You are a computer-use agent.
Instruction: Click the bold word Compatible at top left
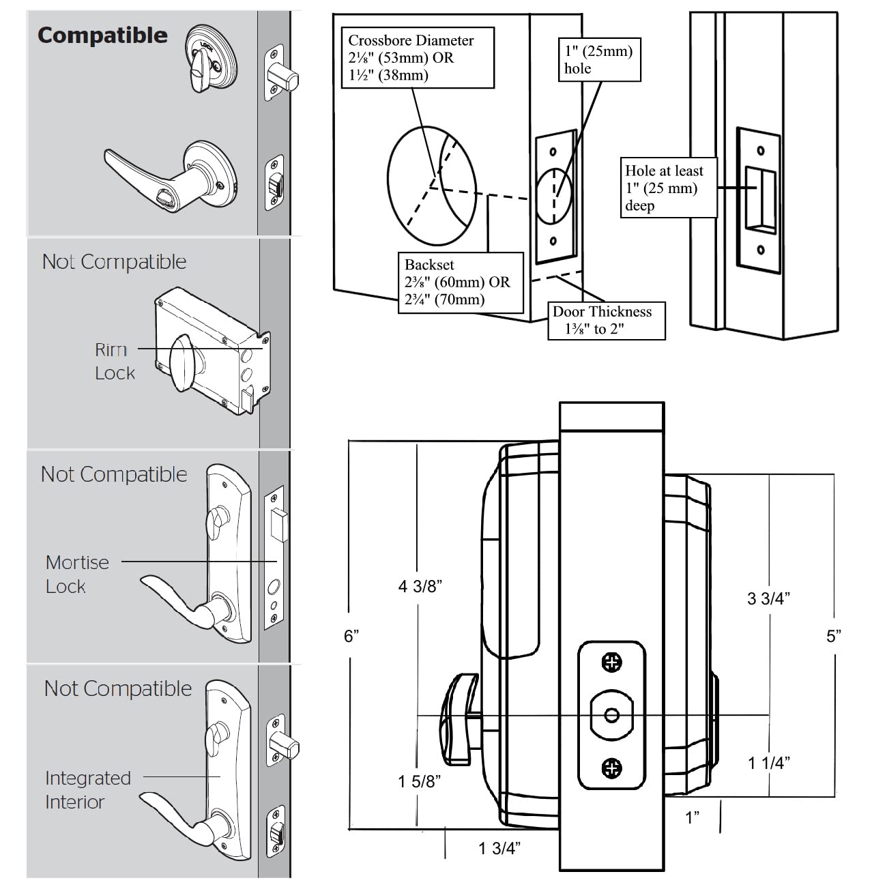[102, 35]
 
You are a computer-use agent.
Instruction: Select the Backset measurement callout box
[460, 282]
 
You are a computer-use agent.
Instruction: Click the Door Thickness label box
[605, 320]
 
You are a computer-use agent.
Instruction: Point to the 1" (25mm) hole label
[598, 59]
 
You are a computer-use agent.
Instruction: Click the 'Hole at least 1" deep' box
[668, 188]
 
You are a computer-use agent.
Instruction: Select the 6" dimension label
[351, 636]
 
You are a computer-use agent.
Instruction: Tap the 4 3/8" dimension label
[420, 586]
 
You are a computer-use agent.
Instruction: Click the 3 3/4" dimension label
[768, 599]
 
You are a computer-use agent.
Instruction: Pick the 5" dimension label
[834, 636]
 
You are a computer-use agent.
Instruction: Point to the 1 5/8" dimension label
[420, 781]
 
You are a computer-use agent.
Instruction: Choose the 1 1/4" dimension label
[769, 764]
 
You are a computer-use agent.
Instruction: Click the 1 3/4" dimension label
[499, 848]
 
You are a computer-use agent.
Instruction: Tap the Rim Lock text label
[114, 362]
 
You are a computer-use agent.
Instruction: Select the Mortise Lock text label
[76, 574]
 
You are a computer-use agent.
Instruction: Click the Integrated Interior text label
[87, 789]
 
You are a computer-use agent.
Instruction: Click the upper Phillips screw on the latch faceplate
[612, 663]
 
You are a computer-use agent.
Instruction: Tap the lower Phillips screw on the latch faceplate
[612, 768]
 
